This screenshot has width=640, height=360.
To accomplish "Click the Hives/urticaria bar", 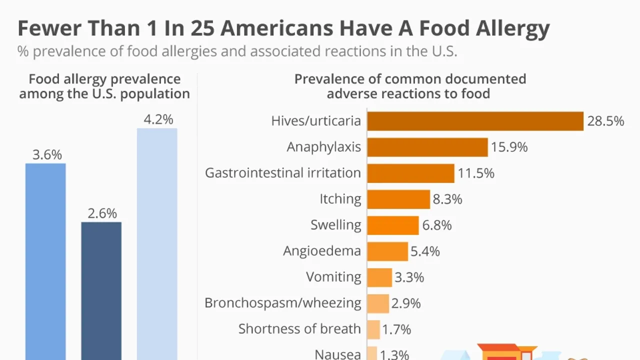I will coord(475,121).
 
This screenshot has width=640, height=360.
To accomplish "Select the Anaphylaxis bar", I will coord(427,147).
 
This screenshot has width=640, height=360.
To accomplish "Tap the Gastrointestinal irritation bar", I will coord(410,173).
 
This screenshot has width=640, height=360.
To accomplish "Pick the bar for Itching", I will coord(398,199).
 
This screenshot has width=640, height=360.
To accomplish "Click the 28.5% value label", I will coord(605,121).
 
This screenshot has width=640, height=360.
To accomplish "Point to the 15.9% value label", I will coord(509,147).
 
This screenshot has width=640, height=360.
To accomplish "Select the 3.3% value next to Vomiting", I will coord(409,277).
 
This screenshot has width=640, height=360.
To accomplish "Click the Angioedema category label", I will coord(322,251).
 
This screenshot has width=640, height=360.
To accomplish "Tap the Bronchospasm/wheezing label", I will coord(282,303).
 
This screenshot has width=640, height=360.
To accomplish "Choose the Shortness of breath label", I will coord(299,329).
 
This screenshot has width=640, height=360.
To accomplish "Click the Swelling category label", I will coord(335,225).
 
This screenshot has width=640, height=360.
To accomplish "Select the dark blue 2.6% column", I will coord(101,290).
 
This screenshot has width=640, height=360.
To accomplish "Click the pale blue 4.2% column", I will coord(157,245).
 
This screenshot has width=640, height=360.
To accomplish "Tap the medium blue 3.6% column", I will coord(45,260).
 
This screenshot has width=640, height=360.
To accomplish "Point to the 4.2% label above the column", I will coord(158,119).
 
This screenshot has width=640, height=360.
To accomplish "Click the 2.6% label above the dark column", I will coord(102,213).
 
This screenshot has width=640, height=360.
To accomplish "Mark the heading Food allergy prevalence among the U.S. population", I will coord(104,86).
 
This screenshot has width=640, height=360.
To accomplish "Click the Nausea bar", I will coord(372,353).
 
